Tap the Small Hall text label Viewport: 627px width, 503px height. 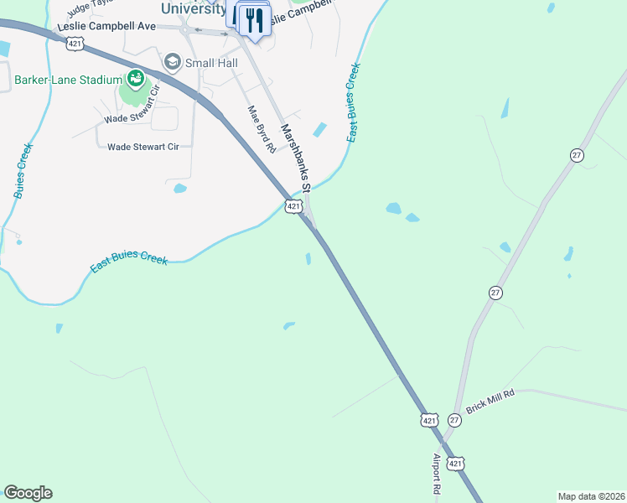pyautogui.click(x=212, y=62)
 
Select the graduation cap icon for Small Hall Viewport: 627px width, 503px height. pyautogui.click(x=173, y=62)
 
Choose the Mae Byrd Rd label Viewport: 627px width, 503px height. pyautogui.click(x=261, y=128)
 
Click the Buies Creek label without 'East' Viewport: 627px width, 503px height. pyautogui.click(x=23, y=171)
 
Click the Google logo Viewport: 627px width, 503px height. pyautogui.click(x=28, y=493)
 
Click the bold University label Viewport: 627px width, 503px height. pyautogui.click(x=192, y=8)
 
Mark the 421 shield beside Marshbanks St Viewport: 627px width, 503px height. pyautogui.click(x=293, y=206)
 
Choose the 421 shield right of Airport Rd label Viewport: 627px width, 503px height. pyautogui.click(x=455, y=464)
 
